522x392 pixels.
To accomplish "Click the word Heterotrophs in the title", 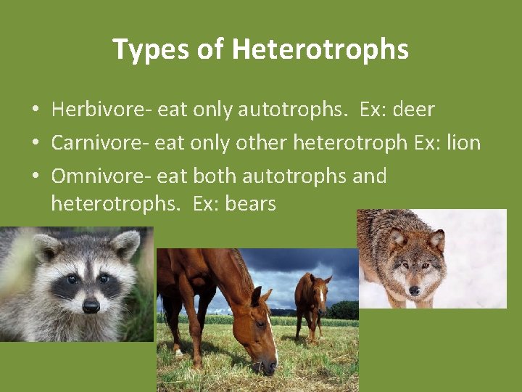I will (x=320, y=50).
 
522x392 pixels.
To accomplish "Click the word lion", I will (x=464, y=142).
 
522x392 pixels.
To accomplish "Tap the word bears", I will (x=251, y=204).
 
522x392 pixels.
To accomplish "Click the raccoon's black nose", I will (x=91, y=306).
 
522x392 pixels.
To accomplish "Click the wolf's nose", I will (x=414, y=290).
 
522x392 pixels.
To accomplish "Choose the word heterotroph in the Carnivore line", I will (x=350, y=142).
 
